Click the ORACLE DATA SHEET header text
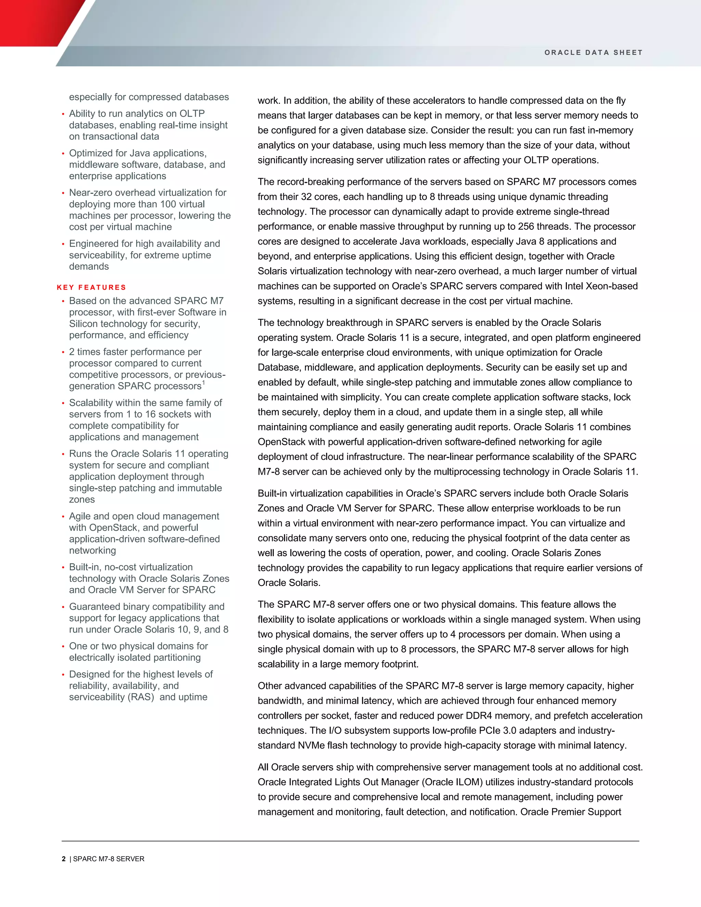point(594,53)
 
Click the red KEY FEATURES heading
point(91,288)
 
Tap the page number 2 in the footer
point(64,859)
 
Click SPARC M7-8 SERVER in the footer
point(109,859)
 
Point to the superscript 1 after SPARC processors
point(204,383)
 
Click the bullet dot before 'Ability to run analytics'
point(63,114)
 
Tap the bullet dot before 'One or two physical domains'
point(63,647)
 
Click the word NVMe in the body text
point(311,745)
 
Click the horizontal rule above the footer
point(350,841)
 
